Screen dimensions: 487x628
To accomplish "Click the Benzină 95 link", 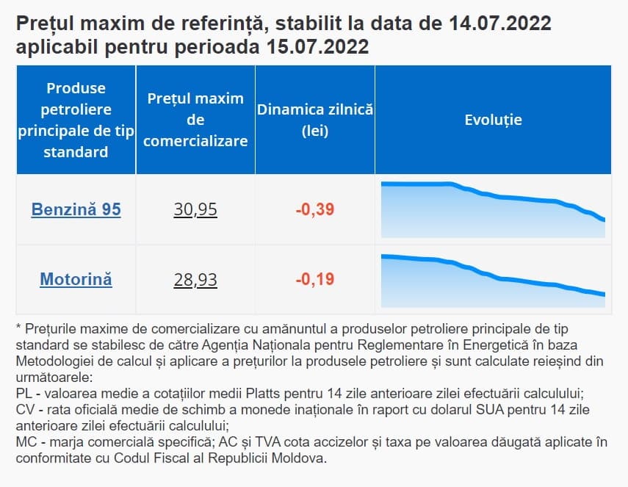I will pyautogui.click(x=76, y=210).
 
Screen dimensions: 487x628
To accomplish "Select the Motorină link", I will pyautogui.click(x=76, y=280).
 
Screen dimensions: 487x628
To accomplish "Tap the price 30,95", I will pyautogui.click(x=195, y=210).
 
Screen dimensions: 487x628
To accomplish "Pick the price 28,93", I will pyautogui.click(x=195, y=280).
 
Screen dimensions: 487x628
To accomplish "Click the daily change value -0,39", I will pyautogui.click(x=315, y=210).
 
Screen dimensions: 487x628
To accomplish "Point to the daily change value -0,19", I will pyautogui.click(x=315, y=280).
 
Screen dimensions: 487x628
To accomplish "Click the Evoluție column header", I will pyautogui.click(x=493, y=120).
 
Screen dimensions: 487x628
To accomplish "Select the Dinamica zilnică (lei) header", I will pyautogui.click(x=315, y=120).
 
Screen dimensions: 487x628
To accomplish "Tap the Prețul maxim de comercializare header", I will pyautogui.click(x=195, y=120).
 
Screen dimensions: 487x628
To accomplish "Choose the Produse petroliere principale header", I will pyautogui.click(x=76, y=120).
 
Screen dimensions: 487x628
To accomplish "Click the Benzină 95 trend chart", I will pyautogui.click(x=493, y=210).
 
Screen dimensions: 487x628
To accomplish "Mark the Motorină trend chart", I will pyautogui.click(x=493, y=280).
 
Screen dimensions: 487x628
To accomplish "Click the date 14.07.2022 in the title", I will pyautogui.click(x=499, y=24).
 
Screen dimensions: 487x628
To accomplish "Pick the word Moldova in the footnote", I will pyautogui.click(x=300, y=458).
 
